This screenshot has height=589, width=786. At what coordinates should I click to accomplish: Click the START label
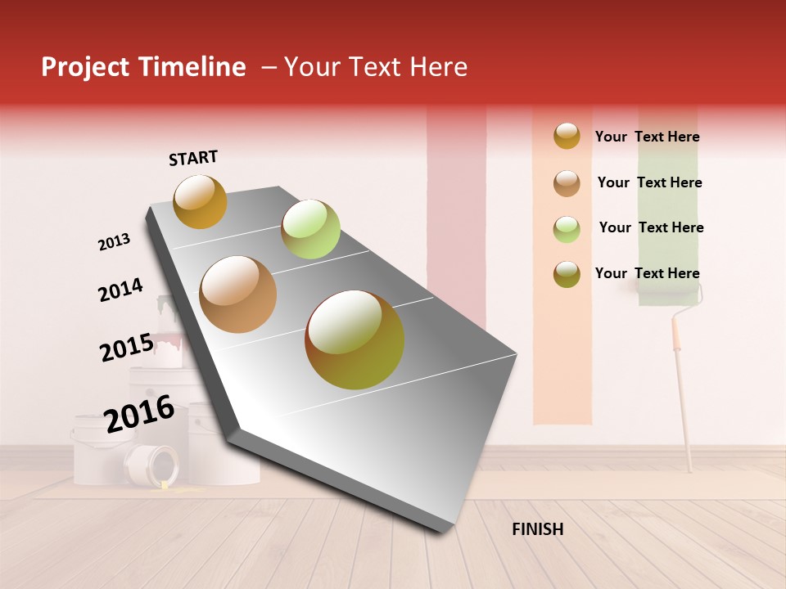pyautogui.click(x=193, y=158)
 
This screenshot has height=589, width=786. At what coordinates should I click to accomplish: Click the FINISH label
pyautogui.click(x=537, y=529)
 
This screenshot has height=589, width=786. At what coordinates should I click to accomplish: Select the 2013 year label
pyautogui.click(x=114, y=242)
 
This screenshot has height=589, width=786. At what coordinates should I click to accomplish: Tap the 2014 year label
pyautogui.click(x=120, y=290)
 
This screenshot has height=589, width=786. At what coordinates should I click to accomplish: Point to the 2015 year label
pyautogui.click(x=126, y=348)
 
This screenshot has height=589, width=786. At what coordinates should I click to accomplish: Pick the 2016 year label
pyautogui.click(x=139, y=414)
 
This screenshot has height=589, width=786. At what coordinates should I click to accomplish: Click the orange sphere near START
pyautogui.click(x=200, y=201)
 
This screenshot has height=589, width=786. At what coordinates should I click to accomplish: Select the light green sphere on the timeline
pyautogui.click(x=310, y=229)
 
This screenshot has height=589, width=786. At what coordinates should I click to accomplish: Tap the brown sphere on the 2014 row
pyautogui.click(x=237, y=294)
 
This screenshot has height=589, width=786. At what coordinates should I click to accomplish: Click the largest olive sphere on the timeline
pyautogui.click(x=355, y=339)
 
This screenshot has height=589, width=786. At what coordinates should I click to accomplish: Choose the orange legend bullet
pyautogui.click(x=567, y=136)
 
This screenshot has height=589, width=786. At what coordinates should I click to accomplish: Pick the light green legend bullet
pyautogui.click(x=567, y=229)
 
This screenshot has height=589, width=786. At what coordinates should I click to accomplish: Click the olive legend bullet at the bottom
pyautogui.click(x=567, y=274)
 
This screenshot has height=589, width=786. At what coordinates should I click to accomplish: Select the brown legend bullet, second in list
pyautogui.click(x=567, y=182)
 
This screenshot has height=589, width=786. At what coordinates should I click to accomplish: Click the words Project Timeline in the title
pyautogui.click(x=143, y=67)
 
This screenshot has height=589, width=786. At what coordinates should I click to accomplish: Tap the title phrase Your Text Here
pyautogui.click(x=376, y=67)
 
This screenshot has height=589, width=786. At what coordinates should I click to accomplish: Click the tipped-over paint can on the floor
pyautogui.click(x=152, y=467)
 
